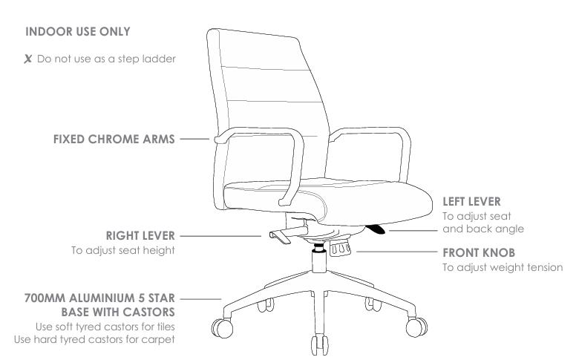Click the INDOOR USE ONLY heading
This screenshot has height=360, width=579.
[77, 32]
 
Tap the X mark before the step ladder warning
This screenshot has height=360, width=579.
[27, 59]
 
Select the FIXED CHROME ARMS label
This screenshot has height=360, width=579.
[114, 140]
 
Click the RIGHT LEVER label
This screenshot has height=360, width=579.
[140, 235]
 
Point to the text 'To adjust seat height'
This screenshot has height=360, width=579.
[123, 250]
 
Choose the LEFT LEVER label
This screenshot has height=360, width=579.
[471, 202]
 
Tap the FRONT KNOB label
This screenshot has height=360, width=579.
[479, 253]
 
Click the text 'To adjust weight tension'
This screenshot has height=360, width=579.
[503, 267]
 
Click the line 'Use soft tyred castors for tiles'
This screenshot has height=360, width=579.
[105, 327]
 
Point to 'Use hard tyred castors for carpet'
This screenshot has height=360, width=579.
[94, 339]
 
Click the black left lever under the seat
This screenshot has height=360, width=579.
[376, 229]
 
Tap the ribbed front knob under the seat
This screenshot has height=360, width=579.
[341, 249]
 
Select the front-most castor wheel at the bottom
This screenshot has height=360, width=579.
[319, 344]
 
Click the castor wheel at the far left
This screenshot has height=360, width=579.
[222, 328]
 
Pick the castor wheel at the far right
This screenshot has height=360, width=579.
[416, 327]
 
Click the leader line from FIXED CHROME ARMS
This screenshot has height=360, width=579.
[194, 140]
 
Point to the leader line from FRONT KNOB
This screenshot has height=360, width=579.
[397, 252]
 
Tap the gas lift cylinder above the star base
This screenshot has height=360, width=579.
[319, 261]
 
